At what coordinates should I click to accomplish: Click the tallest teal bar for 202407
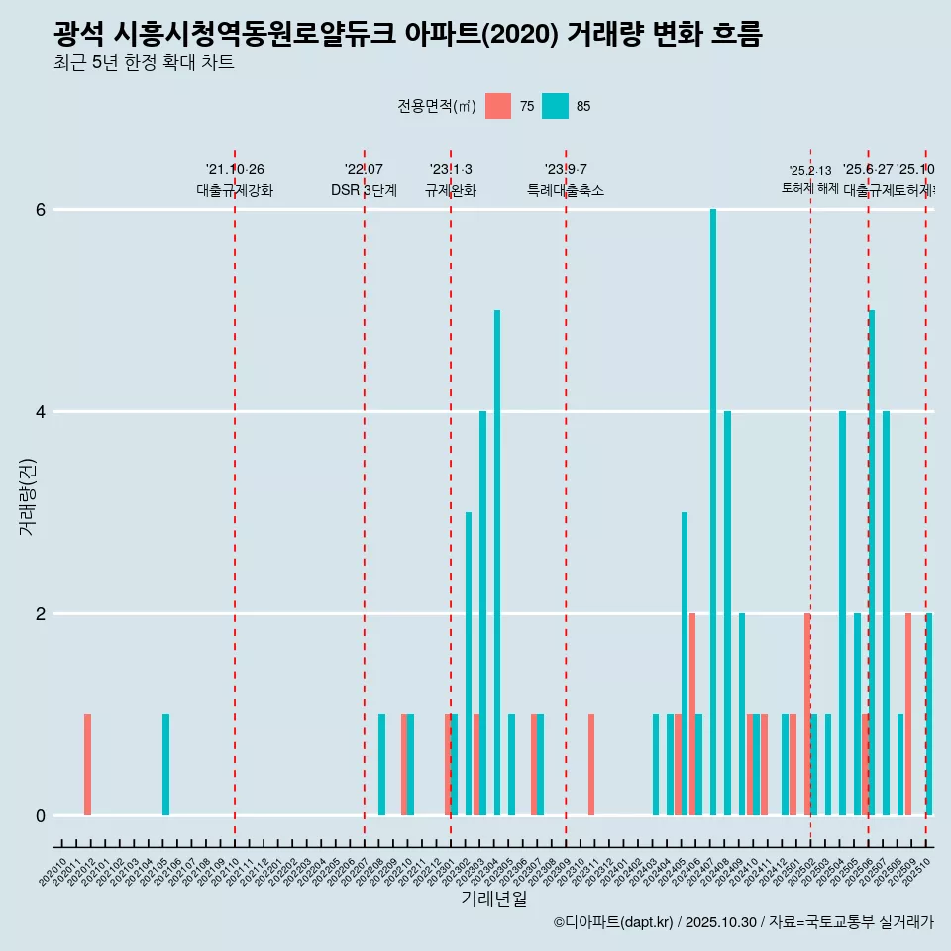tap(713, 512)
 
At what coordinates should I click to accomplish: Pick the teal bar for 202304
tap(497, 563)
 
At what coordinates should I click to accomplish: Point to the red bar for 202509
tap(907, 714)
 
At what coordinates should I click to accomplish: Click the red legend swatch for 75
tap(498, 106)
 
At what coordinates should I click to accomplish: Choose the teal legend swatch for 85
tap(556, 106)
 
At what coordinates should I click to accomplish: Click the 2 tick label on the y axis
tap(41, 614)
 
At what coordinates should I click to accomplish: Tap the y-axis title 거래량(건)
tap(27, 495)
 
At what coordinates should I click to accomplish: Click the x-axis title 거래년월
tap(493, 898)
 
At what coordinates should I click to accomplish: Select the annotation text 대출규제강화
tap(235, 190)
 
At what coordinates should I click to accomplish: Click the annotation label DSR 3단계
tap(364, 190)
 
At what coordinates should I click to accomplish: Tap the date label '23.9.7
tap(566, 169)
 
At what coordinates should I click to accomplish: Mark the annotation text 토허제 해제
tap(810, 188)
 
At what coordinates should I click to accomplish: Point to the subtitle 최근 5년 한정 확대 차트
tap(144, 63)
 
